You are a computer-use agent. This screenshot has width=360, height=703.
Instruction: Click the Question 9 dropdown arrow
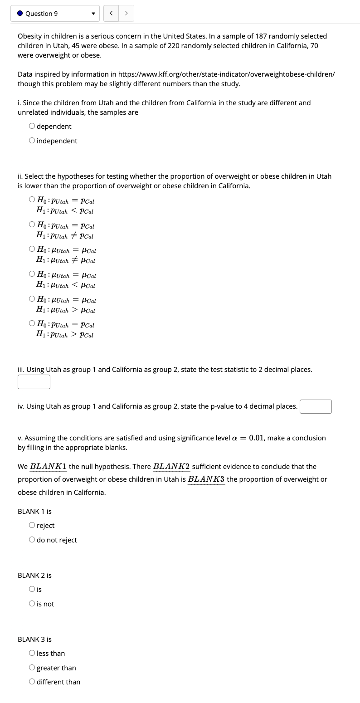click(93, 14)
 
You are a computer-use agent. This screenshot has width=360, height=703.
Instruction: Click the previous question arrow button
click(111, 14)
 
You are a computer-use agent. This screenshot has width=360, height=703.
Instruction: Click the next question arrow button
click(126, 14)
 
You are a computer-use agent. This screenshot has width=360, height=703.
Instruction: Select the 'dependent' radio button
click(32, 126)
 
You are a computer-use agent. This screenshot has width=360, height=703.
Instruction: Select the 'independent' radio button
click(32, 141)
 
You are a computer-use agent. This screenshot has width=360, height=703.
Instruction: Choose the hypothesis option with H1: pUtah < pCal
click(32, 200)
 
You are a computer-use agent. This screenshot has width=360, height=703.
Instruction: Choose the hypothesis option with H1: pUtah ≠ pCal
click(32, 225)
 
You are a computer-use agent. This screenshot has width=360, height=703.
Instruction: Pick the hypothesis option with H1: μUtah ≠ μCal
click(32, 249)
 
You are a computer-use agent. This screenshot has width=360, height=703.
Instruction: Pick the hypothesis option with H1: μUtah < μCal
click(32, 274)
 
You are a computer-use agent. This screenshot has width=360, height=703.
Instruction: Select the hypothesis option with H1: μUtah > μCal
click(32, 299)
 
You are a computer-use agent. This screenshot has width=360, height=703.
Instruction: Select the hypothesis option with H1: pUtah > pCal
click(32, 324)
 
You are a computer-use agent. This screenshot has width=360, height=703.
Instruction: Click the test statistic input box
click(34, 382)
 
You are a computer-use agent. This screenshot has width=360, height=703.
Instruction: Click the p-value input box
click(316, 406)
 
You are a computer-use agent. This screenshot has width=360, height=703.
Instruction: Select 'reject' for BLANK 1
click(32, 525)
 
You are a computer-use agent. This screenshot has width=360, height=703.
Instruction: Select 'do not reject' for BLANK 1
click(32, 540)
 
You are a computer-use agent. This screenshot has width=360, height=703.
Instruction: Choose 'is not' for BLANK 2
click(32, 604)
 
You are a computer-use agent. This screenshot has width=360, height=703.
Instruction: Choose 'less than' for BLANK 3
click(32, 653)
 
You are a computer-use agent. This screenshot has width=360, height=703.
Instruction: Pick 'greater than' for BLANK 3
click(32, 668)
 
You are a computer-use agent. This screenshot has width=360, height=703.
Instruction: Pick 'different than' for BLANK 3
click(32, 682)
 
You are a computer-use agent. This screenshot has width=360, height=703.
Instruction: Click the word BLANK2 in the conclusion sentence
click(171, 466)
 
